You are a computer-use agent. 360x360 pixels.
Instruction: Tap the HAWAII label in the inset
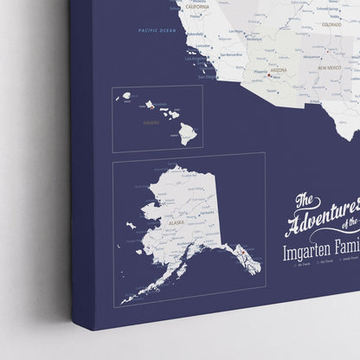point(153,122)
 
